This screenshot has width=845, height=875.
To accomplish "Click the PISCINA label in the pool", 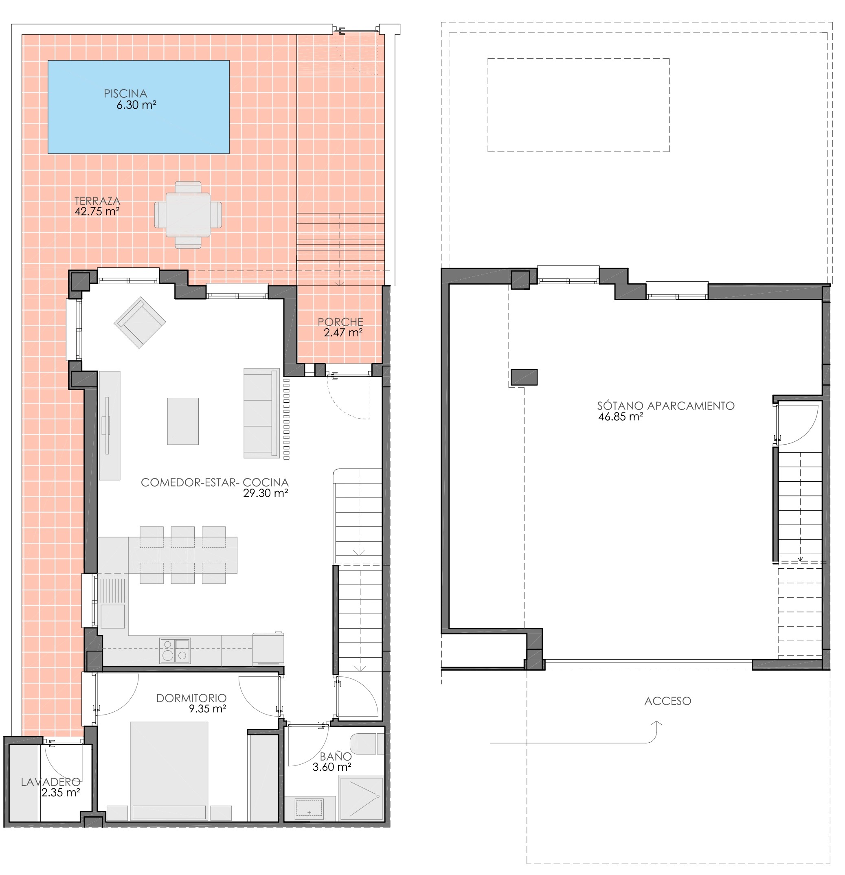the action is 125,94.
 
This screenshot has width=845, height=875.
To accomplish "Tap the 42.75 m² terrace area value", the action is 97,211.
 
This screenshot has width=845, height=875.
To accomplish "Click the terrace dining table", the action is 188,215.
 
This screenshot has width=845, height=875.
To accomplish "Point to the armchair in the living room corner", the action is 140,322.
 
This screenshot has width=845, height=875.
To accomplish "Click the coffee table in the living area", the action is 183,421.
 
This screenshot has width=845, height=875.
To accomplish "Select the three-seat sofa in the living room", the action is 261,413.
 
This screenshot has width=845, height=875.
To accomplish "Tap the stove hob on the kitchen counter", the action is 175,650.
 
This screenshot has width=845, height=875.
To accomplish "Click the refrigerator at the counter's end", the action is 268,648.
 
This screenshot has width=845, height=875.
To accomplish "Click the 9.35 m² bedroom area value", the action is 207,708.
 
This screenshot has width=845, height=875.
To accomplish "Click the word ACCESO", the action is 668,701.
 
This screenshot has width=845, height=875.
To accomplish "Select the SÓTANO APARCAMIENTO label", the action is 666,406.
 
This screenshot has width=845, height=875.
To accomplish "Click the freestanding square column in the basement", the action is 524,377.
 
